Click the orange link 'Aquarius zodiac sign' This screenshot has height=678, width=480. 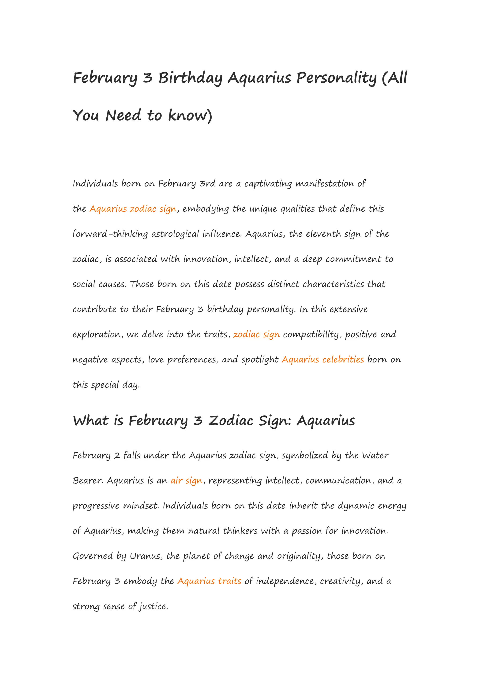133,209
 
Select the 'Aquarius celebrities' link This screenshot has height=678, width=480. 322,359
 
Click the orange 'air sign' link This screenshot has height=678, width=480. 186,480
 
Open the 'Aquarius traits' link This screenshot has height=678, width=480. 209,581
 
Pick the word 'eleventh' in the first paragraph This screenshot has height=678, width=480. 323,234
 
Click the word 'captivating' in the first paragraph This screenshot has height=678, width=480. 268,184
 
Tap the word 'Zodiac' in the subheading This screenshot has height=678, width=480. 231,420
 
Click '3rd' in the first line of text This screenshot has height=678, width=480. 207,184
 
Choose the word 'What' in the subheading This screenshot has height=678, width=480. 91,420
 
